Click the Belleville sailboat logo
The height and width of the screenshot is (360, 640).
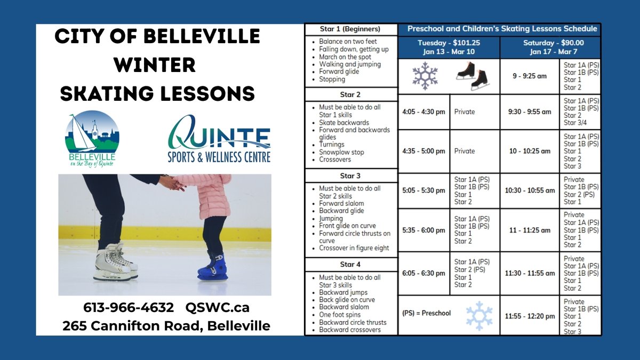(92, 138)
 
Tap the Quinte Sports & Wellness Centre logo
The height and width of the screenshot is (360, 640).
(219, 139)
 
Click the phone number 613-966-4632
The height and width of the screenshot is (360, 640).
(129, 308)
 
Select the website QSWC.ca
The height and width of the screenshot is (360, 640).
(218, 308)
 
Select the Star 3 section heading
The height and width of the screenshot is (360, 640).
(350, 175)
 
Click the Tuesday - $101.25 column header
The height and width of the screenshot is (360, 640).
(449, 47)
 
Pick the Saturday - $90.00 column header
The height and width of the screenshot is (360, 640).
(550, 47)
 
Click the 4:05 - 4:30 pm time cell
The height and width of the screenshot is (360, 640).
(423, 112)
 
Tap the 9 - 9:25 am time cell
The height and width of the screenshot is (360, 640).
(530, 76)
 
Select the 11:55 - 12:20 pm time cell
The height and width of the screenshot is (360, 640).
(530, 316)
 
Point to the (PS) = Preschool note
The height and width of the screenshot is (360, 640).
(426, 313)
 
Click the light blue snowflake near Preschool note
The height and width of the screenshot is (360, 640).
(478, 316)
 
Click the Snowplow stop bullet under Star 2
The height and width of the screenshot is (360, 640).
(341, 152)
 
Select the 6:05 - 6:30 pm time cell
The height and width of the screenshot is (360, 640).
(423, 273)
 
